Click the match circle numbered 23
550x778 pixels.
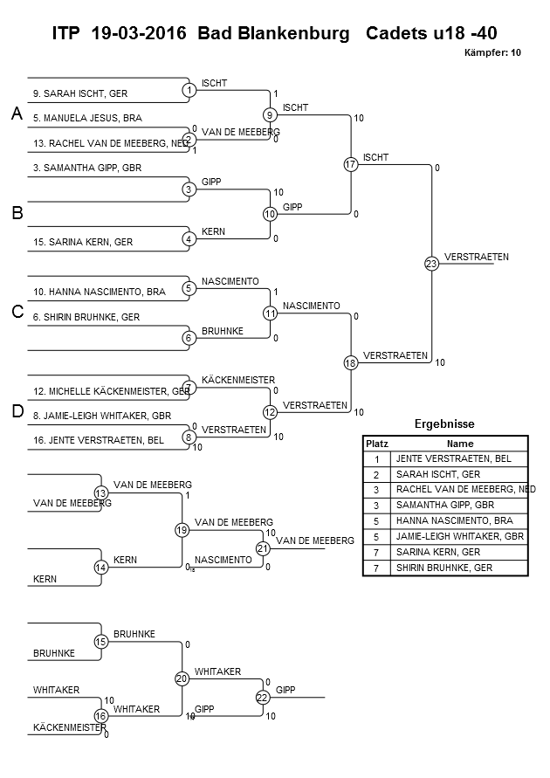coord(430,264)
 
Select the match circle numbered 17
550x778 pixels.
coord(350,164)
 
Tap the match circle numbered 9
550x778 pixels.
coord(270,114)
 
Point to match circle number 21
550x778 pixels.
coord(263,548)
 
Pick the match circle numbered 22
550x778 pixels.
coord(263,697)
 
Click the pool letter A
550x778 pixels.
coord(16,114)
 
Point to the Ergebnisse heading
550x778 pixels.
coord(444,424)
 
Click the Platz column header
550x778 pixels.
coord(376,444)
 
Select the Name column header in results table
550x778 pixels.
coord(459,444)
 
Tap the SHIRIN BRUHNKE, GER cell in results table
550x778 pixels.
coord(444,568)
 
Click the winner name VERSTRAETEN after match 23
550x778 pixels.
coord(476,257)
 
